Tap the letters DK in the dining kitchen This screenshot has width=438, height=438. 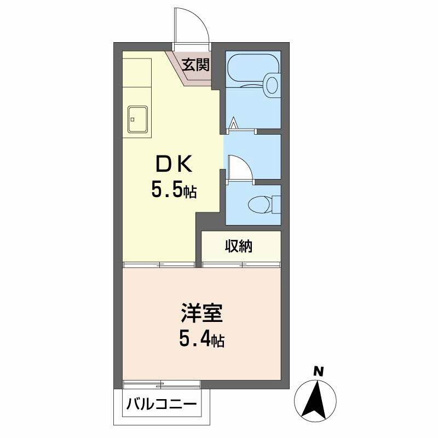pyautogui.click(x=174, y=164)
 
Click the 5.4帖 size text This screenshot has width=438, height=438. pyautogui.click(x=201, y=341)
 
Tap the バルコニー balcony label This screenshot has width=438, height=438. pyautogui.click(x=162, y=406)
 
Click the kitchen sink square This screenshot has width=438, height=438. pyautogui.click(x=137, y=119)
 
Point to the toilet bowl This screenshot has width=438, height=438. pyautogui.click(x=260, y=205)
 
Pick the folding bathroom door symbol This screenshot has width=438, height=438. pyautogui.click(x=234, y=125)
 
